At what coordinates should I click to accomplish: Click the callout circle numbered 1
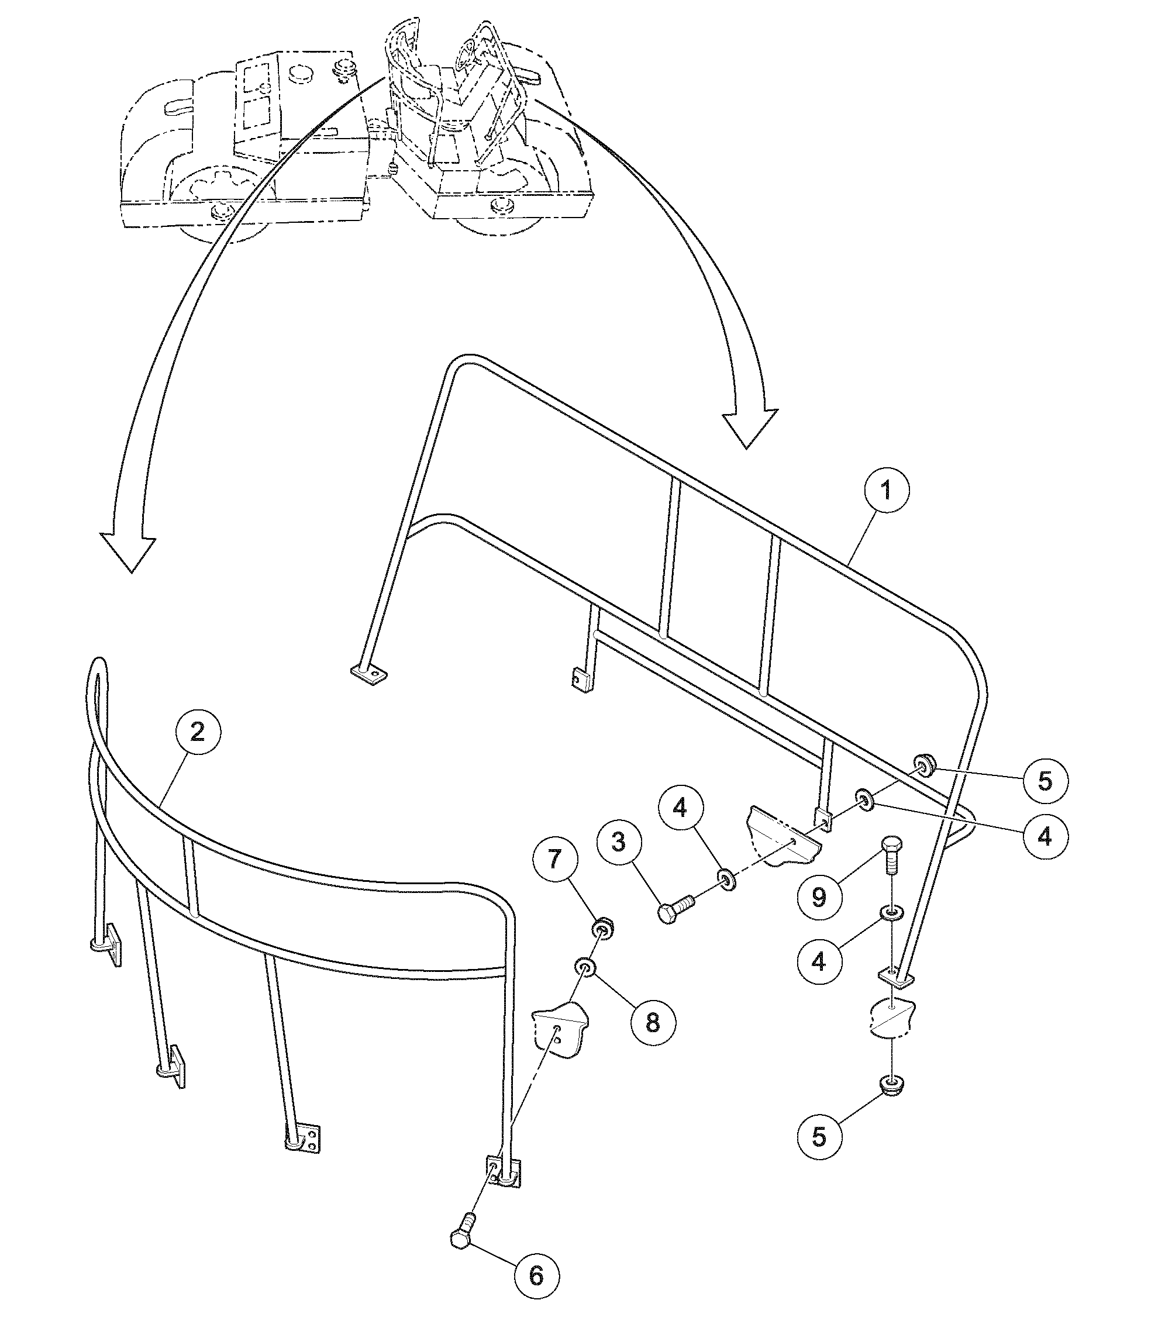point(887,490)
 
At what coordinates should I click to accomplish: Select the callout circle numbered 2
point(198,732)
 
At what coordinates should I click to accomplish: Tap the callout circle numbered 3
point(619,843)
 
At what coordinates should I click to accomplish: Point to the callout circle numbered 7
point(554,860)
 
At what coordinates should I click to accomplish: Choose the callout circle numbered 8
point(653,1023)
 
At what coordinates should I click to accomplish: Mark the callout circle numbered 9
point(820,898)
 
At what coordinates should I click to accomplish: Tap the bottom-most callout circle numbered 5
point(820,1137)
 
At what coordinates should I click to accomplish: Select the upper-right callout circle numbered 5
point(1045,781)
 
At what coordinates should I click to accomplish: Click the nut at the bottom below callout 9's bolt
point(892,1084)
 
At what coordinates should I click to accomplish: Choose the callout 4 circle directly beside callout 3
point(680,808)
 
